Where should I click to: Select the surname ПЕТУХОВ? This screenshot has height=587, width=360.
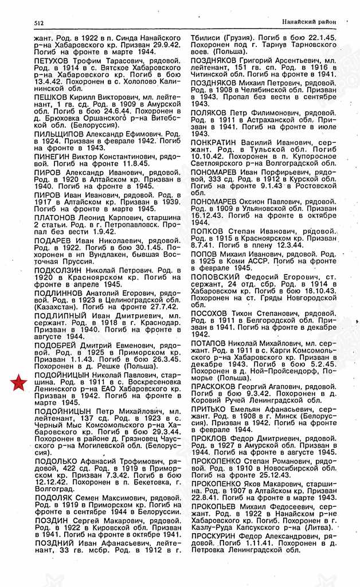tap(53, 60)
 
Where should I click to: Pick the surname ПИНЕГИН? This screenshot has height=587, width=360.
tap(53, 155)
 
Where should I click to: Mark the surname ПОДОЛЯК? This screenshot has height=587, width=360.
tap(54, 500)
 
